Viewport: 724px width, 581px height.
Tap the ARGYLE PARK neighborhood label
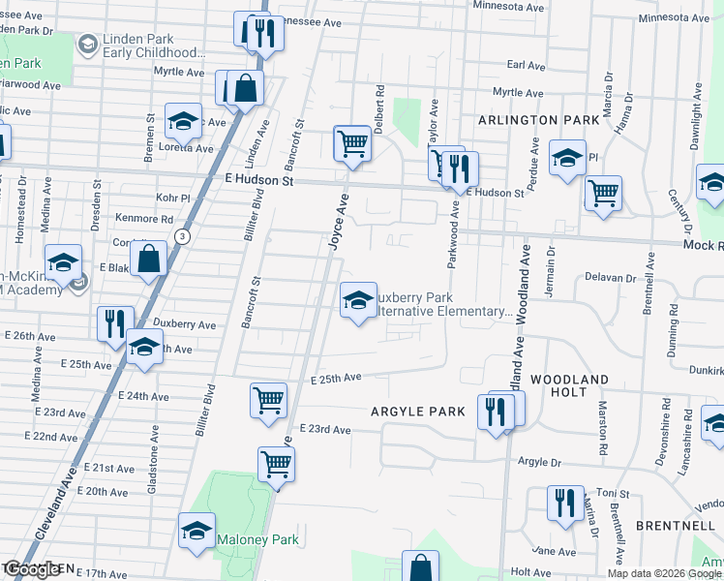(418, 412)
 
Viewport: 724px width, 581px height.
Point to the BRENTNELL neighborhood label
(676, 525)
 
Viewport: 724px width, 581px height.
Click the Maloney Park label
(259, 539)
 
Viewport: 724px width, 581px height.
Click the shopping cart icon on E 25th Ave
(268, 400)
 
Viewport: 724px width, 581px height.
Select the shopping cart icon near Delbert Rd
(352, 143)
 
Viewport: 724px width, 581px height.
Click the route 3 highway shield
(181, 236)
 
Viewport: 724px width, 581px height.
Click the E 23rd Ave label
(324, 429)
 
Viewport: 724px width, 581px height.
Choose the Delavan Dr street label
(610, 278)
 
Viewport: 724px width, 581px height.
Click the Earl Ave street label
(527, 65)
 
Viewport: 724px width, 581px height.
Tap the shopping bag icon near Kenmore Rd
(149, 260)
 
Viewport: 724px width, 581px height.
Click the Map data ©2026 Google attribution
(665, 573)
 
